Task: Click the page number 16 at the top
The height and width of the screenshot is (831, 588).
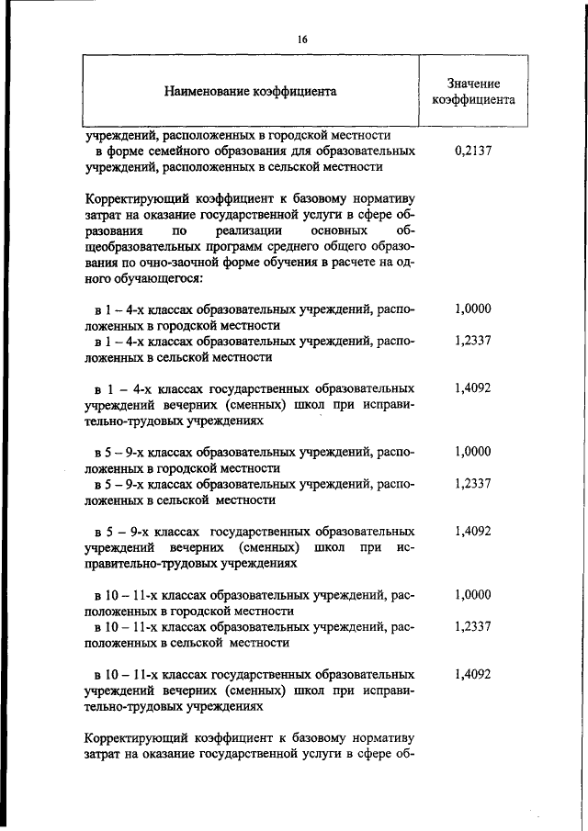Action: (x=301, y=39)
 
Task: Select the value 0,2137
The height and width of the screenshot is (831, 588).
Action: (x=472, y=151)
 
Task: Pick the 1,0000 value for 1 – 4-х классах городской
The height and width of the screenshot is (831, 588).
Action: (x=472, y=309)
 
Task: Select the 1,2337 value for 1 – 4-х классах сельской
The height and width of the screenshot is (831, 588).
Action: (x=472, y=341)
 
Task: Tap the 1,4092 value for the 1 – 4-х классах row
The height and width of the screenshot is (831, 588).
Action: (x=472, y=388)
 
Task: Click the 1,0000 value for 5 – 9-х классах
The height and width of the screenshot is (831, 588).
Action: (x=472, y=452)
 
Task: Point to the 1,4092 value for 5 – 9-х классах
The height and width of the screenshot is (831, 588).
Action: (x=472, y=531)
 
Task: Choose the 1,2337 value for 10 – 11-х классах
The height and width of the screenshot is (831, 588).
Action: (x=472, y=626)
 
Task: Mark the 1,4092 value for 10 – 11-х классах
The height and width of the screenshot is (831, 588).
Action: (x=472, y=674)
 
